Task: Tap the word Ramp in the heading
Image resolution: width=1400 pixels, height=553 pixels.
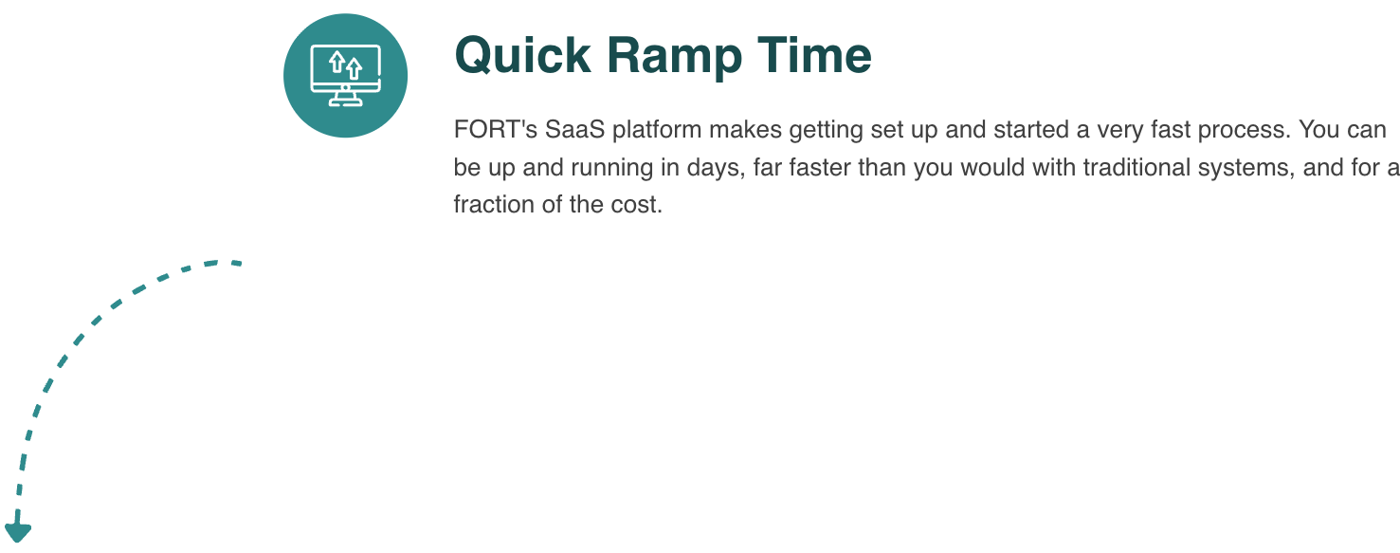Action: (x=674, y=58)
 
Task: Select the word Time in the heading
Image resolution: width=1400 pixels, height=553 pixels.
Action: (x=814, y=55)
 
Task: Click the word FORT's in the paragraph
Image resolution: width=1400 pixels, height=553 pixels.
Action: (x=496, y=130)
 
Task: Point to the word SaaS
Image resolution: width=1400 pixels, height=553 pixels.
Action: (x=575, y=130)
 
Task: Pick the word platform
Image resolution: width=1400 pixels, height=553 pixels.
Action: (x=657, y=130)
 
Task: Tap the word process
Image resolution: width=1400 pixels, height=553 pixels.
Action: (x=1244, y=131)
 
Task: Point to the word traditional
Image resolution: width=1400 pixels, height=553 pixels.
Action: (x=1136, y=167)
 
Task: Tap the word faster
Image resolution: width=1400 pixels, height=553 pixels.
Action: (x=813, y=167)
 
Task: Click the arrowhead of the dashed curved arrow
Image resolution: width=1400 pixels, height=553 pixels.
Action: (x=18, y=532)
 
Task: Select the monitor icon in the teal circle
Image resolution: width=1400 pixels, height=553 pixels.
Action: (x=346, y=76)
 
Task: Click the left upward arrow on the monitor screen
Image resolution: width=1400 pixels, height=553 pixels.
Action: (x=336, y=62)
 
